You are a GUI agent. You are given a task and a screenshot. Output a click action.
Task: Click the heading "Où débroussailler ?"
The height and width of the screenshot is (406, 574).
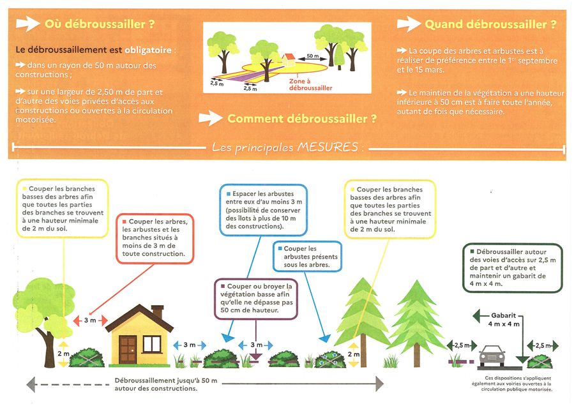[x=100, y=24]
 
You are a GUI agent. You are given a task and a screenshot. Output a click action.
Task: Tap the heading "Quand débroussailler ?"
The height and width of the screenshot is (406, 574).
[x=490, y=24]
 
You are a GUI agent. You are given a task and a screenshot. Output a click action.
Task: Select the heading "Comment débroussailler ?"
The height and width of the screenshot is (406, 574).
[x=302, y=119]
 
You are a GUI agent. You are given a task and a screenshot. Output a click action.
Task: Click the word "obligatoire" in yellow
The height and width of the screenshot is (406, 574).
[x=148, y=50]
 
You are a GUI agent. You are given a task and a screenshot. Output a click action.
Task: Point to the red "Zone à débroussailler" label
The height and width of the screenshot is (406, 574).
[x=310, y=84]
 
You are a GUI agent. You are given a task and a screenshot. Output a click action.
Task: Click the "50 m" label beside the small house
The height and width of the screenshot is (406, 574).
[x=313, y=56]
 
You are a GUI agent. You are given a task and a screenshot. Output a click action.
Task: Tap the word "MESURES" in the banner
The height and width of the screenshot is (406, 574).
[x=328, y=147]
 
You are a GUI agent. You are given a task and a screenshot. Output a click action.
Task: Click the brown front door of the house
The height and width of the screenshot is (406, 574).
[x=128, y=350]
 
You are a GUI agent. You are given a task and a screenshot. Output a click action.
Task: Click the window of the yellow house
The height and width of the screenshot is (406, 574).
[x=152, y=344]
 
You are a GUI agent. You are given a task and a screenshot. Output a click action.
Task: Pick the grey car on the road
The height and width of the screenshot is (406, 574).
[x=492, y=356]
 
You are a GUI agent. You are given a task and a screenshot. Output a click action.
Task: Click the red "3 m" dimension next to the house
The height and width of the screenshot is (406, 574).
[x=90, y=320]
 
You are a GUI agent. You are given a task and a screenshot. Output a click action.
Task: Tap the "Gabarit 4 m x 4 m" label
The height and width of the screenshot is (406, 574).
[x=504, y=320]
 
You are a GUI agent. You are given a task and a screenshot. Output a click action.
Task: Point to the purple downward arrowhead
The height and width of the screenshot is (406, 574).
[x=255, y=357]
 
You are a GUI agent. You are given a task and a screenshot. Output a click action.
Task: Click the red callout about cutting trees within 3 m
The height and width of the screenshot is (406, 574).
[x=155, y=238]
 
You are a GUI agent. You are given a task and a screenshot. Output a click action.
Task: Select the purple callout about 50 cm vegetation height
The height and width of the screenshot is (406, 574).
[x=255, y=299]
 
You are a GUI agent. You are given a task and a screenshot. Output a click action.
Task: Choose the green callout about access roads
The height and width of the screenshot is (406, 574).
[x=513, y=268]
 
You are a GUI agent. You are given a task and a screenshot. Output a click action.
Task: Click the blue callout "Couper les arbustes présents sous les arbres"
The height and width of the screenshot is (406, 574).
[x=308, y=256]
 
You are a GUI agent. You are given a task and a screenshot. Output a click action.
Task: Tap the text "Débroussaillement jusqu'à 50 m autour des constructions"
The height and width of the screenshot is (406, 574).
[x=166, y=384]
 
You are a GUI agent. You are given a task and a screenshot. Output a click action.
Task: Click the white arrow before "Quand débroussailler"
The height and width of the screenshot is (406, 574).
[x=409, y=24]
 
